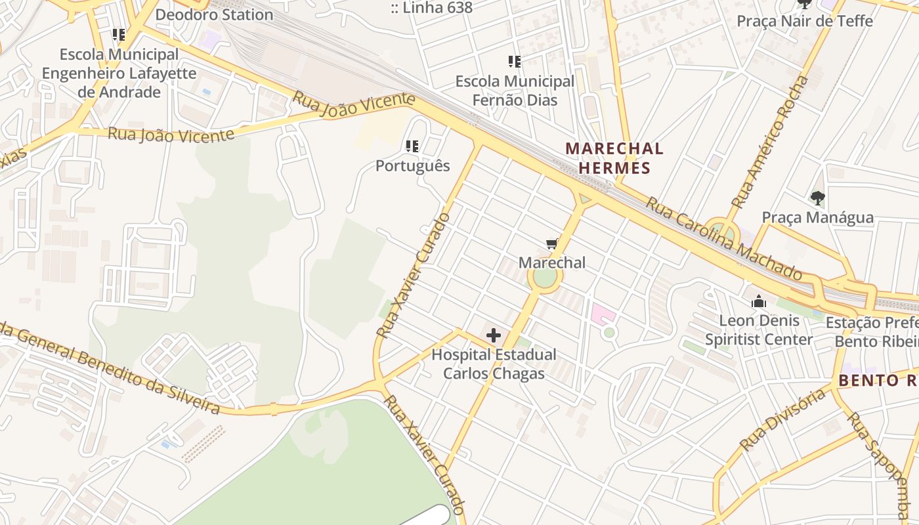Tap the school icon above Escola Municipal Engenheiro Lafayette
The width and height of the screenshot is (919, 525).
coord(118,34)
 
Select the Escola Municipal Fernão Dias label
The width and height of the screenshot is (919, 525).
coord(515,91)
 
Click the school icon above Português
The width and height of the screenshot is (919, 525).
coord(412,146)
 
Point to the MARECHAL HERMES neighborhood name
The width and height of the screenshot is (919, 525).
coord(614,158)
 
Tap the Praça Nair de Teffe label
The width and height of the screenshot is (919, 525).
coord(805,21)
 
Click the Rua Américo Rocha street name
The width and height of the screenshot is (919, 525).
coord(770,142)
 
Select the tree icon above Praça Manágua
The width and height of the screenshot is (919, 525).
coord(817,197)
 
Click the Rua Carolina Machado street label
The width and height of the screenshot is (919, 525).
coord(723,238)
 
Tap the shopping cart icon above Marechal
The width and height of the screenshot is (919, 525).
coord(552,245)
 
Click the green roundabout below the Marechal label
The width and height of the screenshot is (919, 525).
coord(544,278)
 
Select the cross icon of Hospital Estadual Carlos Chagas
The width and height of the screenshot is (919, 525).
coord(494,336)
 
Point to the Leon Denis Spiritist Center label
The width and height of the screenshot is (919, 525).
coord(759,330)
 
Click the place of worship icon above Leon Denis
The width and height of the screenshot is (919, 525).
coord(759,302)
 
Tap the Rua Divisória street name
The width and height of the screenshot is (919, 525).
coord(782,419)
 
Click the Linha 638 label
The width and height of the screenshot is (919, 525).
coord(431,8)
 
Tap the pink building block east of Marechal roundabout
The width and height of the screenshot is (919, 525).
coord(603,314)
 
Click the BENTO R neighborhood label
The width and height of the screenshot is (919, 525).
coord(878,381)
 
